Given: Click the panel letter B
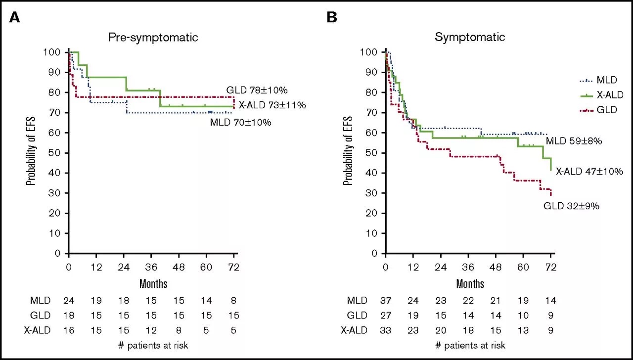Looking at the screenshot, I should (332, 17).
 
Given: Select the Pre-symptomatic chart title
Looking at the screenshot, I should (153, 37).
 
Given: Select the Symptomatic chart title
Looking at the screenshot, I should (470, 37).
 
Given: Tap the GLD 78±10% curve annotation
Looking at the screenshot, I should (257, 90).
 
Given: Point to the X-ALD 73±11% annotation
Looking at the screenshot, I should (272, 105).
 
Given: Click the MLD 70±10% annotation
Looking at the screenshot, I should (240, 122).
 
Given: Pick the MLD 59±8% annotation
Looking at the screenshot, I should (574, 141).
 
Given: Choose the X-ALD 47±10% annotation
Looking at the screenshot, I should (589, 172).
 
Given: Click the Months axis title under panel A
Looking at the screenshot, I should (153, 284).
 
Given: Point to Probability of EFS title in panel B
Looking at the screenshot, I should (348, 151).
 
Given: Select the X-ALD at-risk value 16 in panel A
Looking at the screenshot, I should (68, 330).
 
